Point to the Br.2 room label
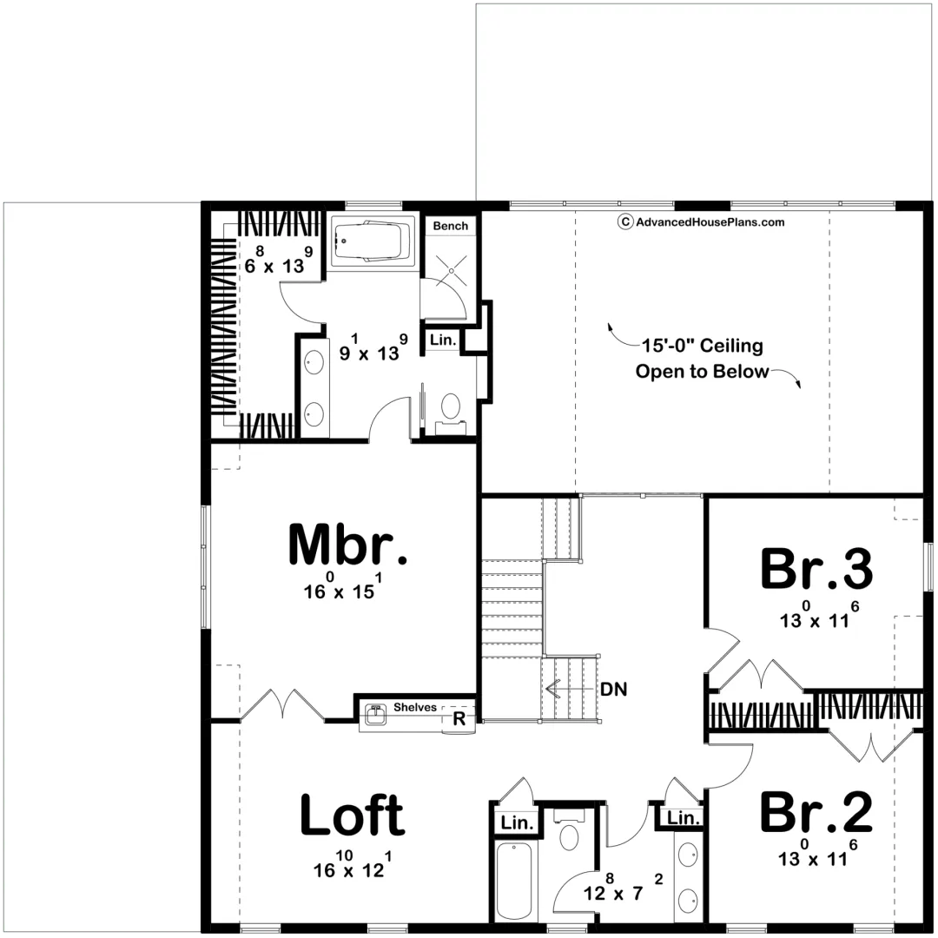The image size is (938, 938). (816, 811)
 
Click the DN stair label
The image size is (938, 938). (614, 689)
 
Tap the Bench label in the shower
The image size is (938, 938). (451, 226)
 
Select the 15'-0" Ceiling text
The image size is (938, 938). (703, 346)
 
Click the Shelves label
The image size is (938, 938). (415, 707)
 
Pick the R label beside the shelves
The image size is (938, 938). (459, 718)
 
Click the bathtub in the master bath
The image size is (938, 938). (373, 241)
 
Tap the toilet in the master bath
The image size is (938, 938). (451, 413)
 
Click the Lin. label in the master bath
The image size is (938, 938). (443, 340)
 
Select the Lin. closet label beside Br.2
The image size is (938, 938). (684, 817)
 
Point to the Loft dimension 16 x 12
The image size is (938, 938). (353, 865)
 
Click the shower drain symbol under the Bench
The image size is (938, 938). (451, 270)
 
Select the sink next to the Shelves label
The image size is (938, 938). (376, 714)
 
